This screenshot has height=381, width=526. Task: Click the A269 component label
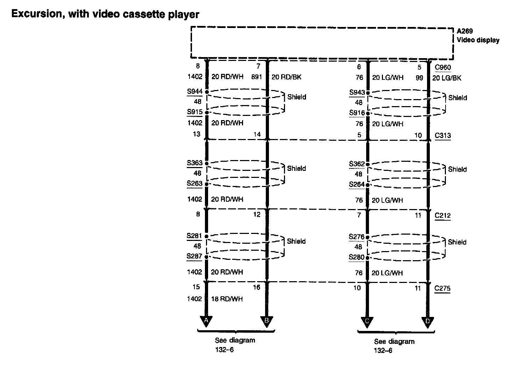(x=465, y=32)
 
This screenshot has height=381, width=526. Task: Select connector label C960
(x=443, y=68)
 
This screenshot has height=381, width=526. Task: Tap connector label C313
(x=443, y=136)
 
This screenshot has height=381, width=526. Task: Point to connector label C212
(x=443, y=215)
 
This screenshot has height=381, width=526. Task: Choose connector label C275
(x=442, y=289)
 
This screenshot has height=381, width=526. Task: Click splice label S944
(x=194, y=92)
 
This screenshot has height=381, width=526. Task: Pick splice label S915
(x=194, y=112)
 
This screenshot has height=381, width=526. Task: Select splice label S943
(x=357, y=92)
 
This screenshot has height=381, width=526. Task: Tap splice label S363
(x=194, y=163)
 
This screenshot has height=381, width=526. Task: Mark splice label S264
(x=357, y=184)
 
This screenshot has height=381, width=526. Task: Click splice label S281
(x=194, y=236)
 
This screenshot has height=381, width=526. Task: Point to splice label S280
(x=357, y=257)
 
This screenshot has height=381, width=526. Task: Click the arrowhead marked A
(x=206, y=321)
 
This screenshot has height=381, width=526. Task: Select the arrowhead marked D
(x=427, y=321)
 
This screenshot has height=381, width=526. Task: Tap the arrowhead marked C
(x=367, y=321)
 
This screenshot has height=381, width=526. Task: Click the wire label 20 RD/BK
(x=286, y=77)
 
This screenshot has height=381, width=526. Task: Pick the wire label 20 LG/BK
(x=447, y=78)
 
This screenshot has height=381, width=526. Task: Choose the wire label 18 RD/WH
(x=227, y=299)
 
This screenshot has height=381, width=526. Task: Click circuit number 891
(x=256, y=77)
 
